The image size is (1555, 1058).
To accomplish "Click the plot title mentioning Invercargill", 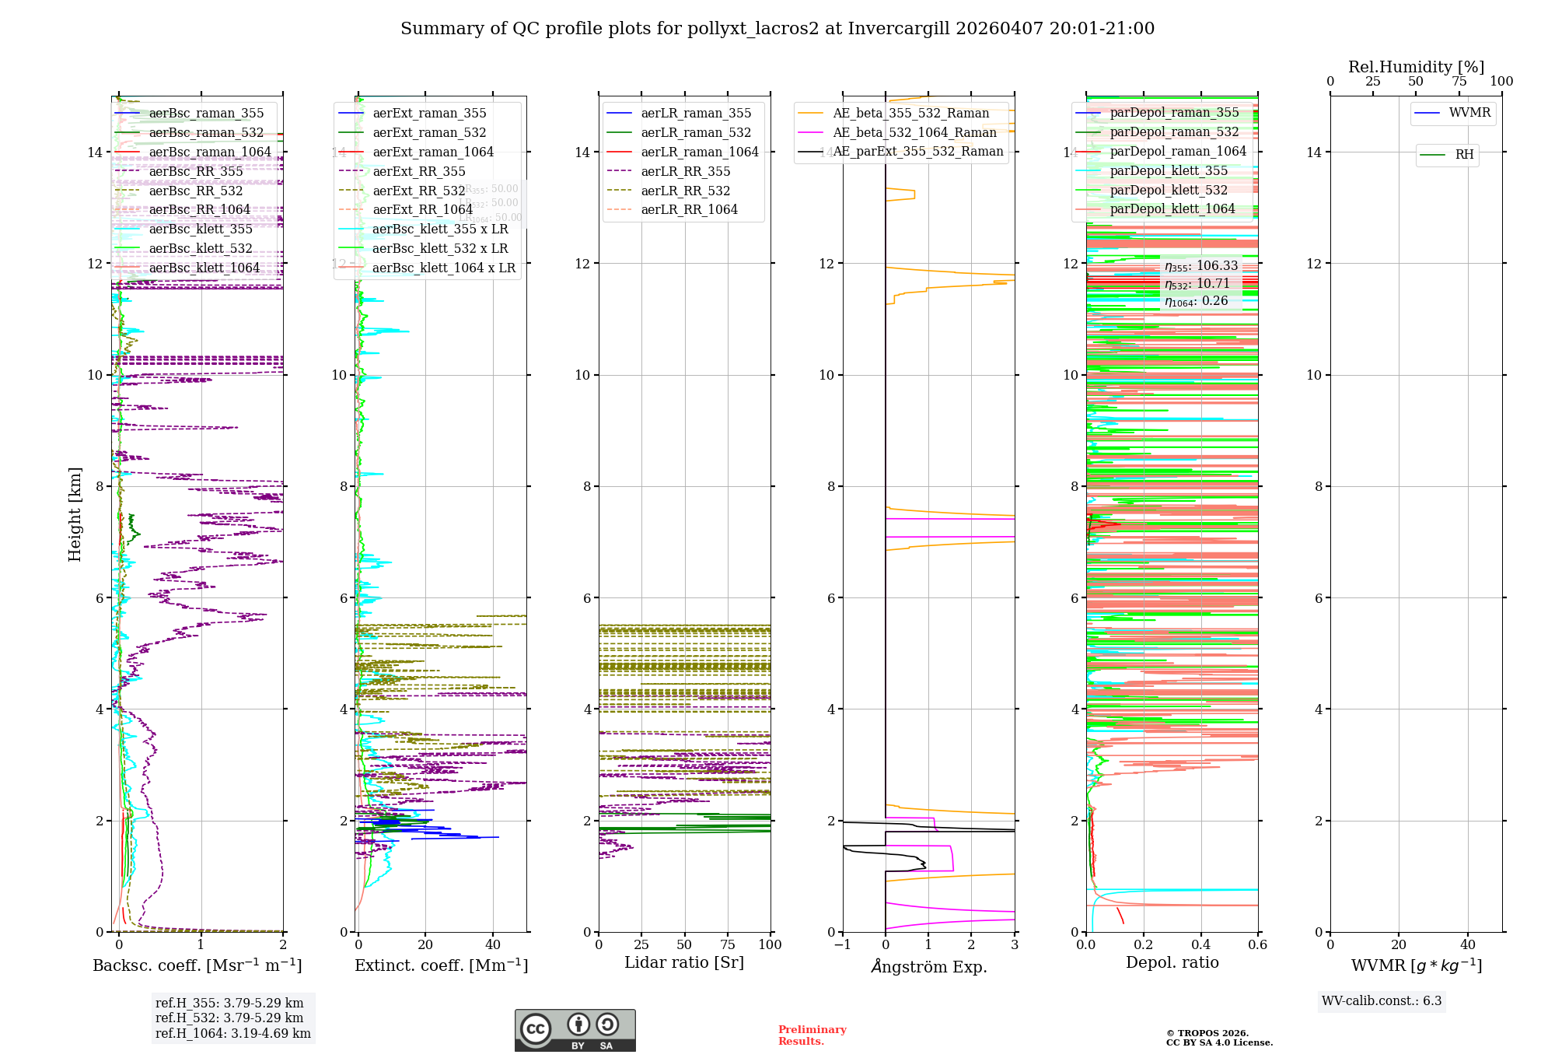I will pos(777,29).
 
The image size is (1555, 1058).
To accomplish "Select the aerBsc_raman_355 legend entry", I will pos(206,114).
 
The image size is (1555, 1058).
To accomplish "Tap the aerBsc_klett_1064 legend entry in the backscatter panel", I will pos(204,268).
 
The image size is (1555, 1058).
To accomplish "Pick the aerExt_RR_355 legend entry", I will pos(418,172).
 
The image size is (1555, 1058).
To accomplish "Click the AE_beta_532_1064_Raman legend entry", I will pos(914,133).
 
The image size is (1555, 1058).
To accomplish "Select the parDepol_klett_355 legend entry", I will pos(1168,171).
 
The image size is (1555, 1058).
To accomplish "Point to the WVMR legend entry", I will pos(1469,113).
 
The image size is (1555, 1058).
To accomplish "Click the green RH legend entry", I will pos(1464,155).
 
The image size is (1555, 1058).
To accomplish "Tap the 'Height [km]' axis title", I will pos(75,513).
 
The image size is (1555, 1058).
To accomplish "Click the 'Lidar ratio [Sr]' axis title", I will pos(684,963).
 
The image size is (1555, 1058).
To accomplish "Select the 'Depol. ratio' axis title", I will pos(1172,963).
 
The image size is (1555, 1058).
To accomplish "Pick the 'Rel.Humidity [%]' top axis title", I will pos(1416,67).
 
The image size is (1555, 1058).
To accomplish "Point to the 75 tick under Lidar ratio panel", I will pos(728,945).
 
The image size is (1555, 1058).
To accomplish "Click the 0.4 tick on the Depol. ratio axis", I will pos(1200,945).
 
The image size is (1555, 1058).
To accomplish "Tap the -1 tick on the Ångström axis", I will pos(842,945).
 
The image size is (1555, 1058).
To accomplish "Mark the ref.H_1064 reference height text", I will pos(232,1034).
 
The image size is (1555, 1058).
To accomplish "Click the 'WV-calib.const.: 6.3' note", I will pos(1382,1001).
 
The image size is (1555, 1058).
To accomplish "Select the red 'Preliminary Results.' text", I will pos(812,1035).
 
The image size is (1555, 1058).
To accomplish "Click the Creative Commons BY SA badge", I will pos(575,1031).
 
